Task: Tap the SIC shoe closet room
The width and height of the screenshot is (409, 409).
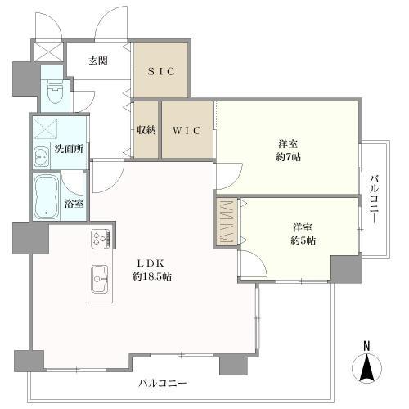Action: (160, 70)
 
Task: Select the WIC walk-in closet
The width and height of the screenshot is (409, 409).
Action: (187, 129)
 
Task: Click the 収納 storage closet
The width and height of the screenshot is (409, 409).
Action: (146, 129)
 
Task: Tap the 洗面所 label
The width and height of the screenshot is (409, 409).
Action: (71, 150)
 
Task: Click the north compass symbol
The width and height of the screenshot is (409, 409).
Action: (368, 370)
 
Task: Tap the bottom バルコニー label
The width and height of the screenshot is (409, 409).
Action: (161, 383)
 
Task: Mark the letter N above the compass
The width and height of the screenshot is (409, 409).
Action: (367, 346)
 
